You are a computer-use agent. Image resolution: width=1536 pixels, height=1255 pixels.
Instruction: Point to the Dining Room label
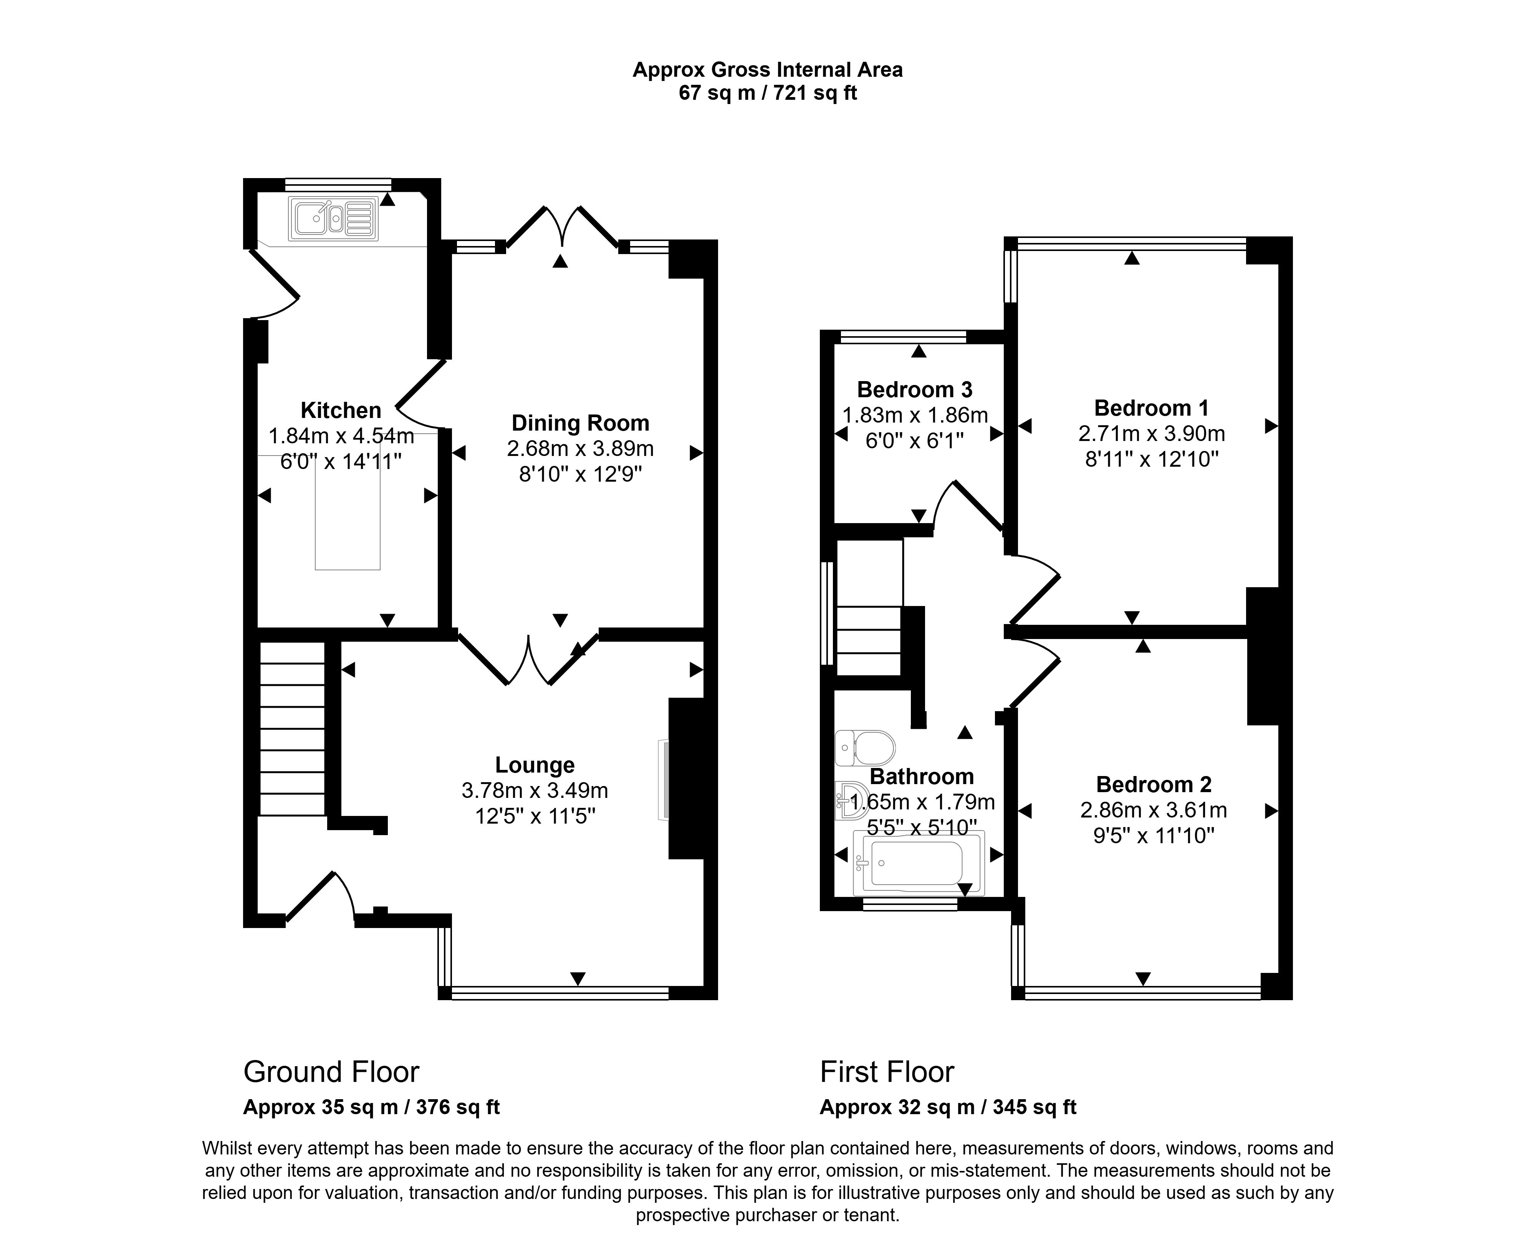pos(580,423)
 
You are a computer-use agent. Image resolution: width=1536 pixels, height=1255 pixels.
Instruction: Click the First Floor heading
pos(887,1072)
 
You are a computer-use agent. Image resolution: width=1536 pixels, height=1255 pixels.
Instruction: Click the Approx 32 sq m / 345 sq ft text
pos(947,1107)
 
